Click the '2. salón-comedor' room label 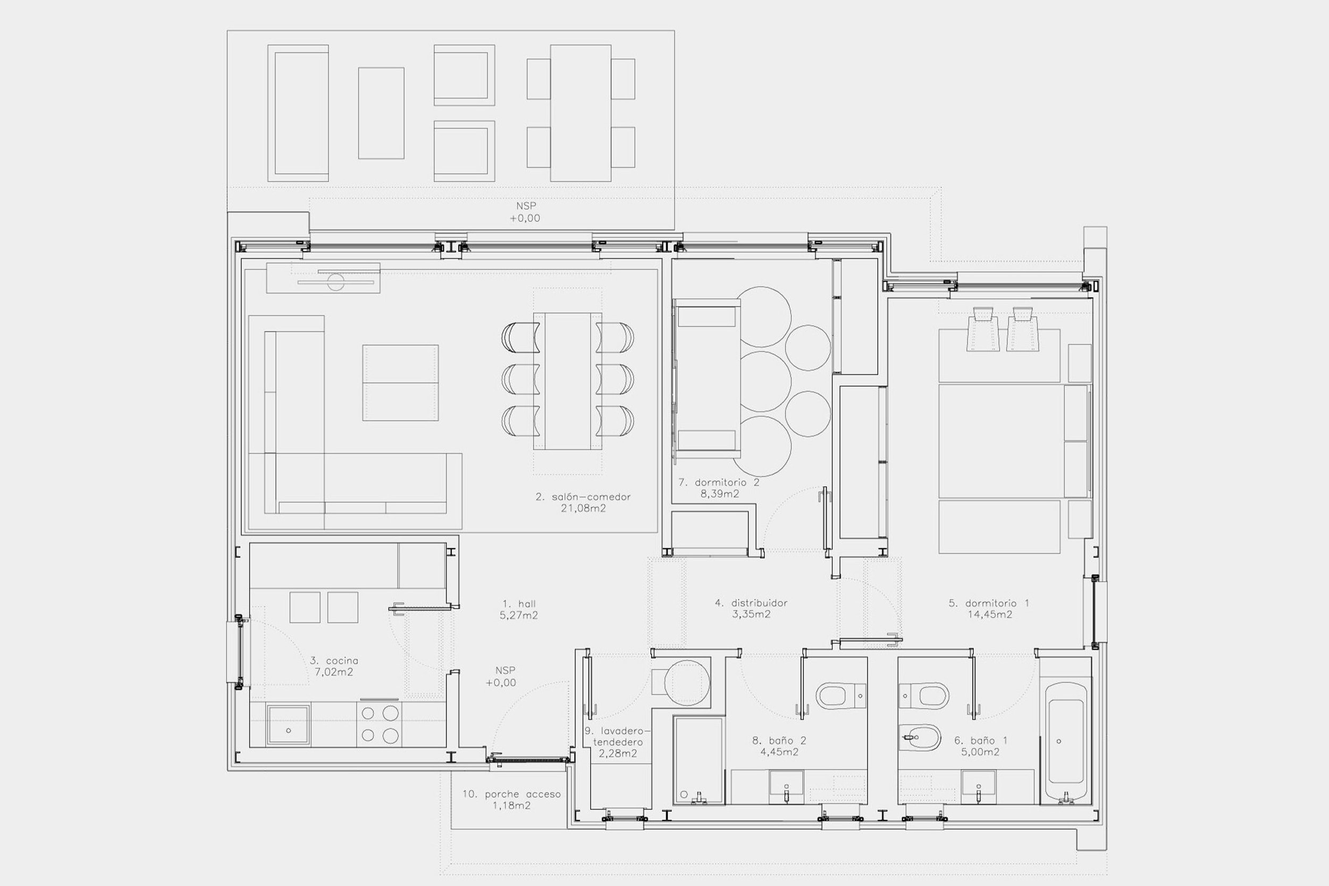(583, 497)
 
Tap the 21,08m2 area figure (583, 508)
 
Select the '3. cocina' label (334, 661)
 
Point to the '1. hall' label (519, 604)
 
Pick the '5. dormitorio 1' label (989, 603)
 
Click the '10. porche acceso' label (512, 794)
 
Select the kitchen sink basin (288, 725)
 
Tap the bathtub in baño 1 (1065, 742)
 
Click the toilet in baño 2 (841, 696)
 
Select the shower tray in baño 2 (699, 760)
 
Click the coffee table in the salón (400, 382)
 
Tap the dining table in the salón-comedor (568, 381)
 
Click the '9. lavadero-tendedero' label (618, 741)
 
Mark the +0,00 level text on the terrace (525, 218)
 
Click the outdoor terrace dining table (581, 113)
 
